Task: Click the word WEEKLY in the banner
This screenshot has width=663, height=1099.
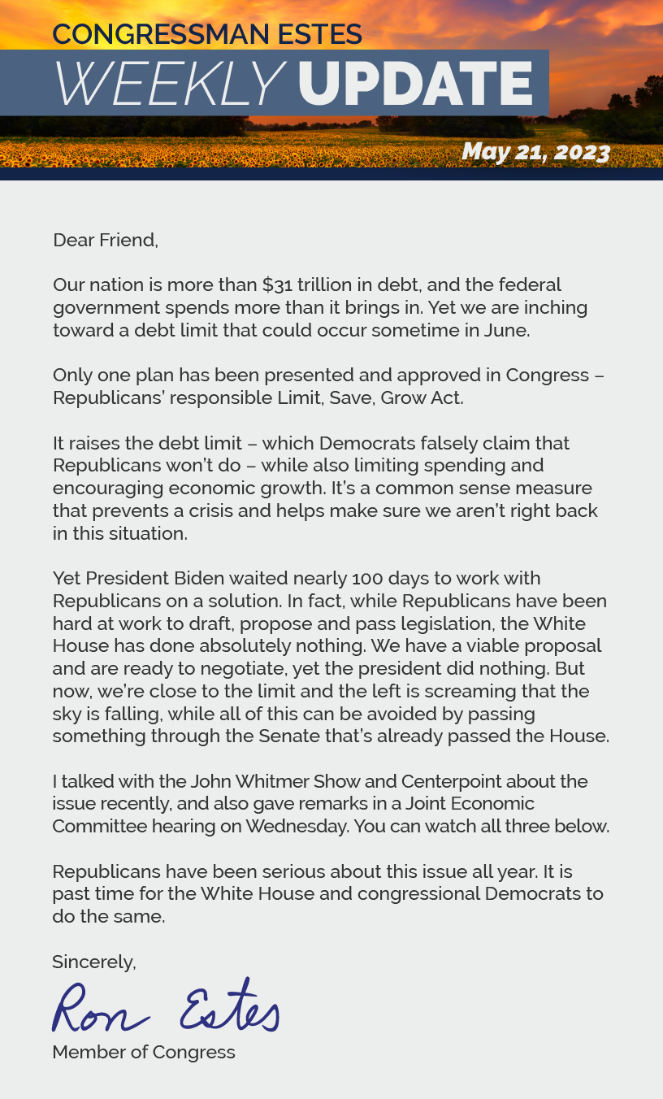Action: [x=168, y=84]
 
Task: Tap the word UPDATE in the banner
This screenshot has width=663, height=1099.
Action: [x=414, y=84]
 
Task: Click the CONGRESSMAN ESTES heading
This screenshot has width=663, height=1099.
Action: [x=207, y=34]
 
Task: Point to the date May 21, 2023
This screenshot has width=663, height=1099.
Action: [x=535, y=152]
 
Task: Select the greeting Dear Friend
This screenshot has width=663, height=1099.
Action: [x=105, y=241]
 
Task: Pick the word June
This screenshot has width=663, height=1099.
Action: [x=508, y=331]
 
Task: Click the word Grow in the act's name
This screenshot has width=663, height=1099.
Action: [x=401, y=398]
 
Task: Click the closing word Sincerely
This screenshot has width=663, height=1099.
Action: [x=93, y=962]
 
